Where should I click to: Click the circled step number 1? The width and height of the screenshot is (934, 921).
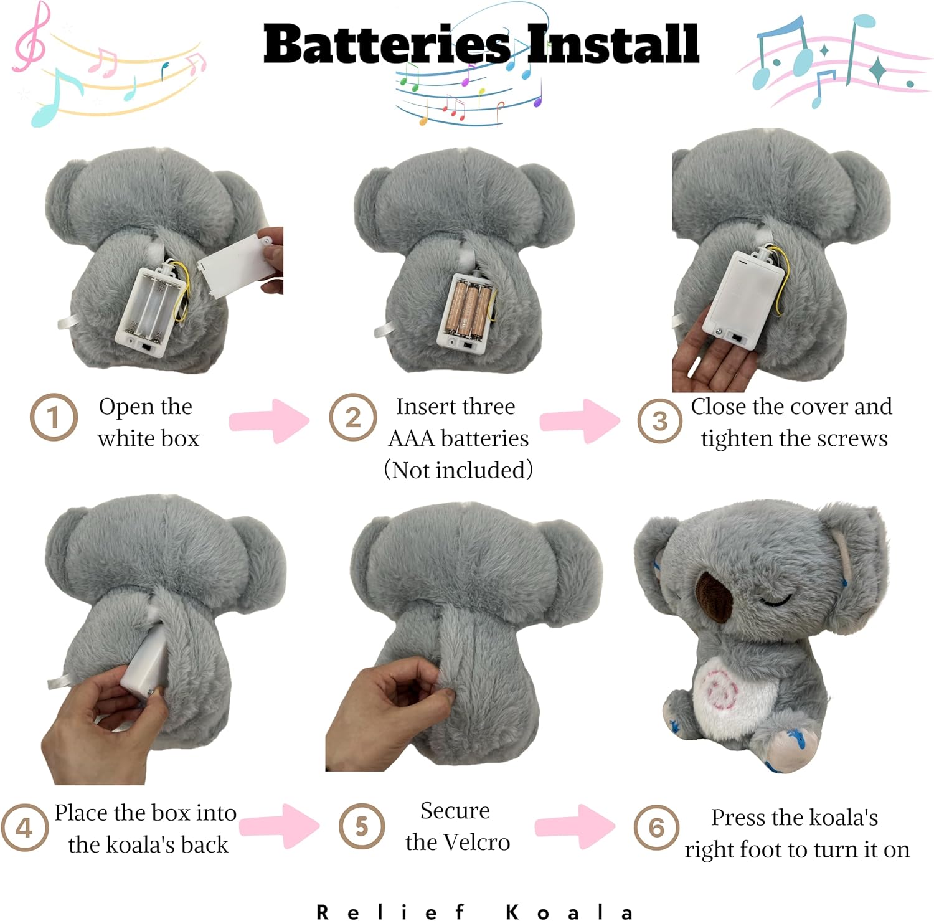tap(54, 417)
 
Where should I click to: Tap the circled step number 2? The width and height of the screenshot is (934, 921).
tap(352, 417)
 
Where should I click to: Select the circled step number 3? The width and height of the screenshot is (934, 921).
tap(659, 421)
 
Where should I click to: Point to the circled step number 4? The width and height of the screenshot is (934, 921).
tap(24, 828)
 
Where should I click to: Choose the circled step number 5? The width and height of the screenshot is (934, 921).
tap(361, 826)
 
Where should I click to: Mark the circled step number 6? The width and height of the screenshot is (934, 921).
tap(656, 827)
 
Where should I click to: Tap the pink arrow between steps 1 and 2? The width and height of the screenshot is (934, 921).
tap(269, 421)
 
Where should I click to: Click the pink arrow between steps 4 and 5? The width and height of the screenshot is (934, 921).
tap(280, 826)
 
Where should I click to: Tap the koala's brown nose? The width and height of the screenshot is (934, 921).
tap(716, 597)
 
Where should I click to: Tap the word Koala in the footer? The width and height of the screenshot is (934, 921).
tap(569, 913)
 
